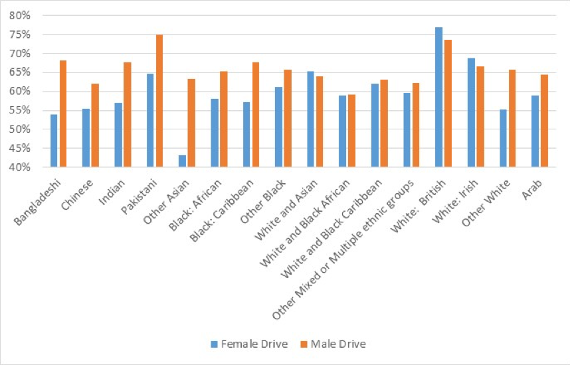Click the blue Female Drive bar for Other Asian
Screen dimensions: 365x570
pyautogui.click(x=183, y=161)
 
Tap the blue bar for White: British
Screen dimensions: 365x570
pyautogui.click(x=438, y=98)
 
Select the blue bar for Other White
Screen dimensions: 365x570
pyautogui.click(x=503, y=138)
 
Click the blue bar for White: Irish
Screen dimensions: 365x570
pyautogui.click(x=471, y=113)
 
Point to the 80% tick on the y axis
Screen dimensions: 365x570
pyautogui.click(x=31, y=15)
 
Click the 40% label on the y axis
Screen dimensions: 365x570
pyautogui.click(x=31, y=167)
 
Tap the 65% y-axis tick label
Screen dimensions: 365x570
pyautogui.click(x=31, y=72)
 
